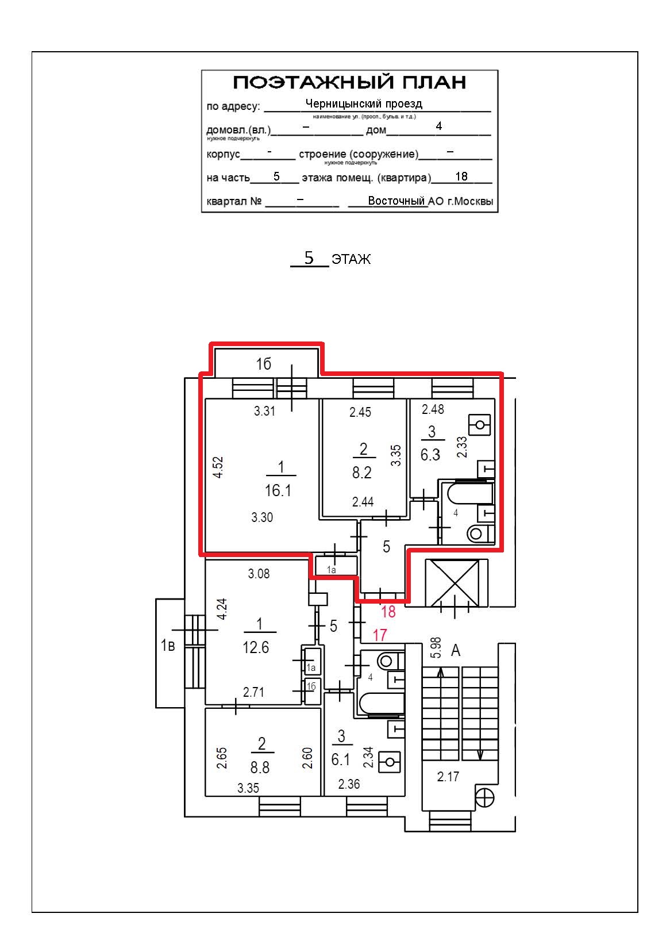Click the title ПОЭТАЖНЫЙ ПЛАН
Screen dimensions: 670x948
point(349,82)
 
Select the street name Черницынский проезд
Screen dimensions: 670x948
point(364,103)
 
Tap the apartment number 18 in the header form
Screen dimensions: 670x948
point(461,176)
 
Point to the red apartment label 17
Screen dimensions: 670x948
point(379,635)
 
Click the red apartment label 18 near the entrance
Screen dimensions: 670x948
point(388,612)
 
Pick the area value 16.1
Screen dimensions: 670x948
point(278,490)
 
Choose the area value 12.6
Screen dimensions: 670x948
point(256,647)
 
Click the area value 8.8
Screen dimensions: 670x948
point(259,767)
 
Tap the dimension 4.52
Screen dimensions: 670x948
point(218,467)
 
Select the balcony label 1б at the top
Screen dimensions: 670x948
point(264,364)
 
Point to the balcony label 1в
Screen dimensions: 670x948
point(168,646)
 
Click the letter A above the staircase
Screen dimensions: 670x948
point(456,650)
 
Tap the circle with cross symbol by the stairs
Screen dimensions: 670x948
point(485,798)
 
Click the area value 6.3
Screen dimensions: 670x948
point(430,455)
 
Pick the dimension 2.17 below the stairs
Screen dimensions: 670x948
point(448,777)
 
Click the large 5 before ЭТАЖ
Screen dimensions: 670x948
point(309,258)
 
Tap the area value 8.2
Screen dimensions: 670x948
point(362,473)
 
